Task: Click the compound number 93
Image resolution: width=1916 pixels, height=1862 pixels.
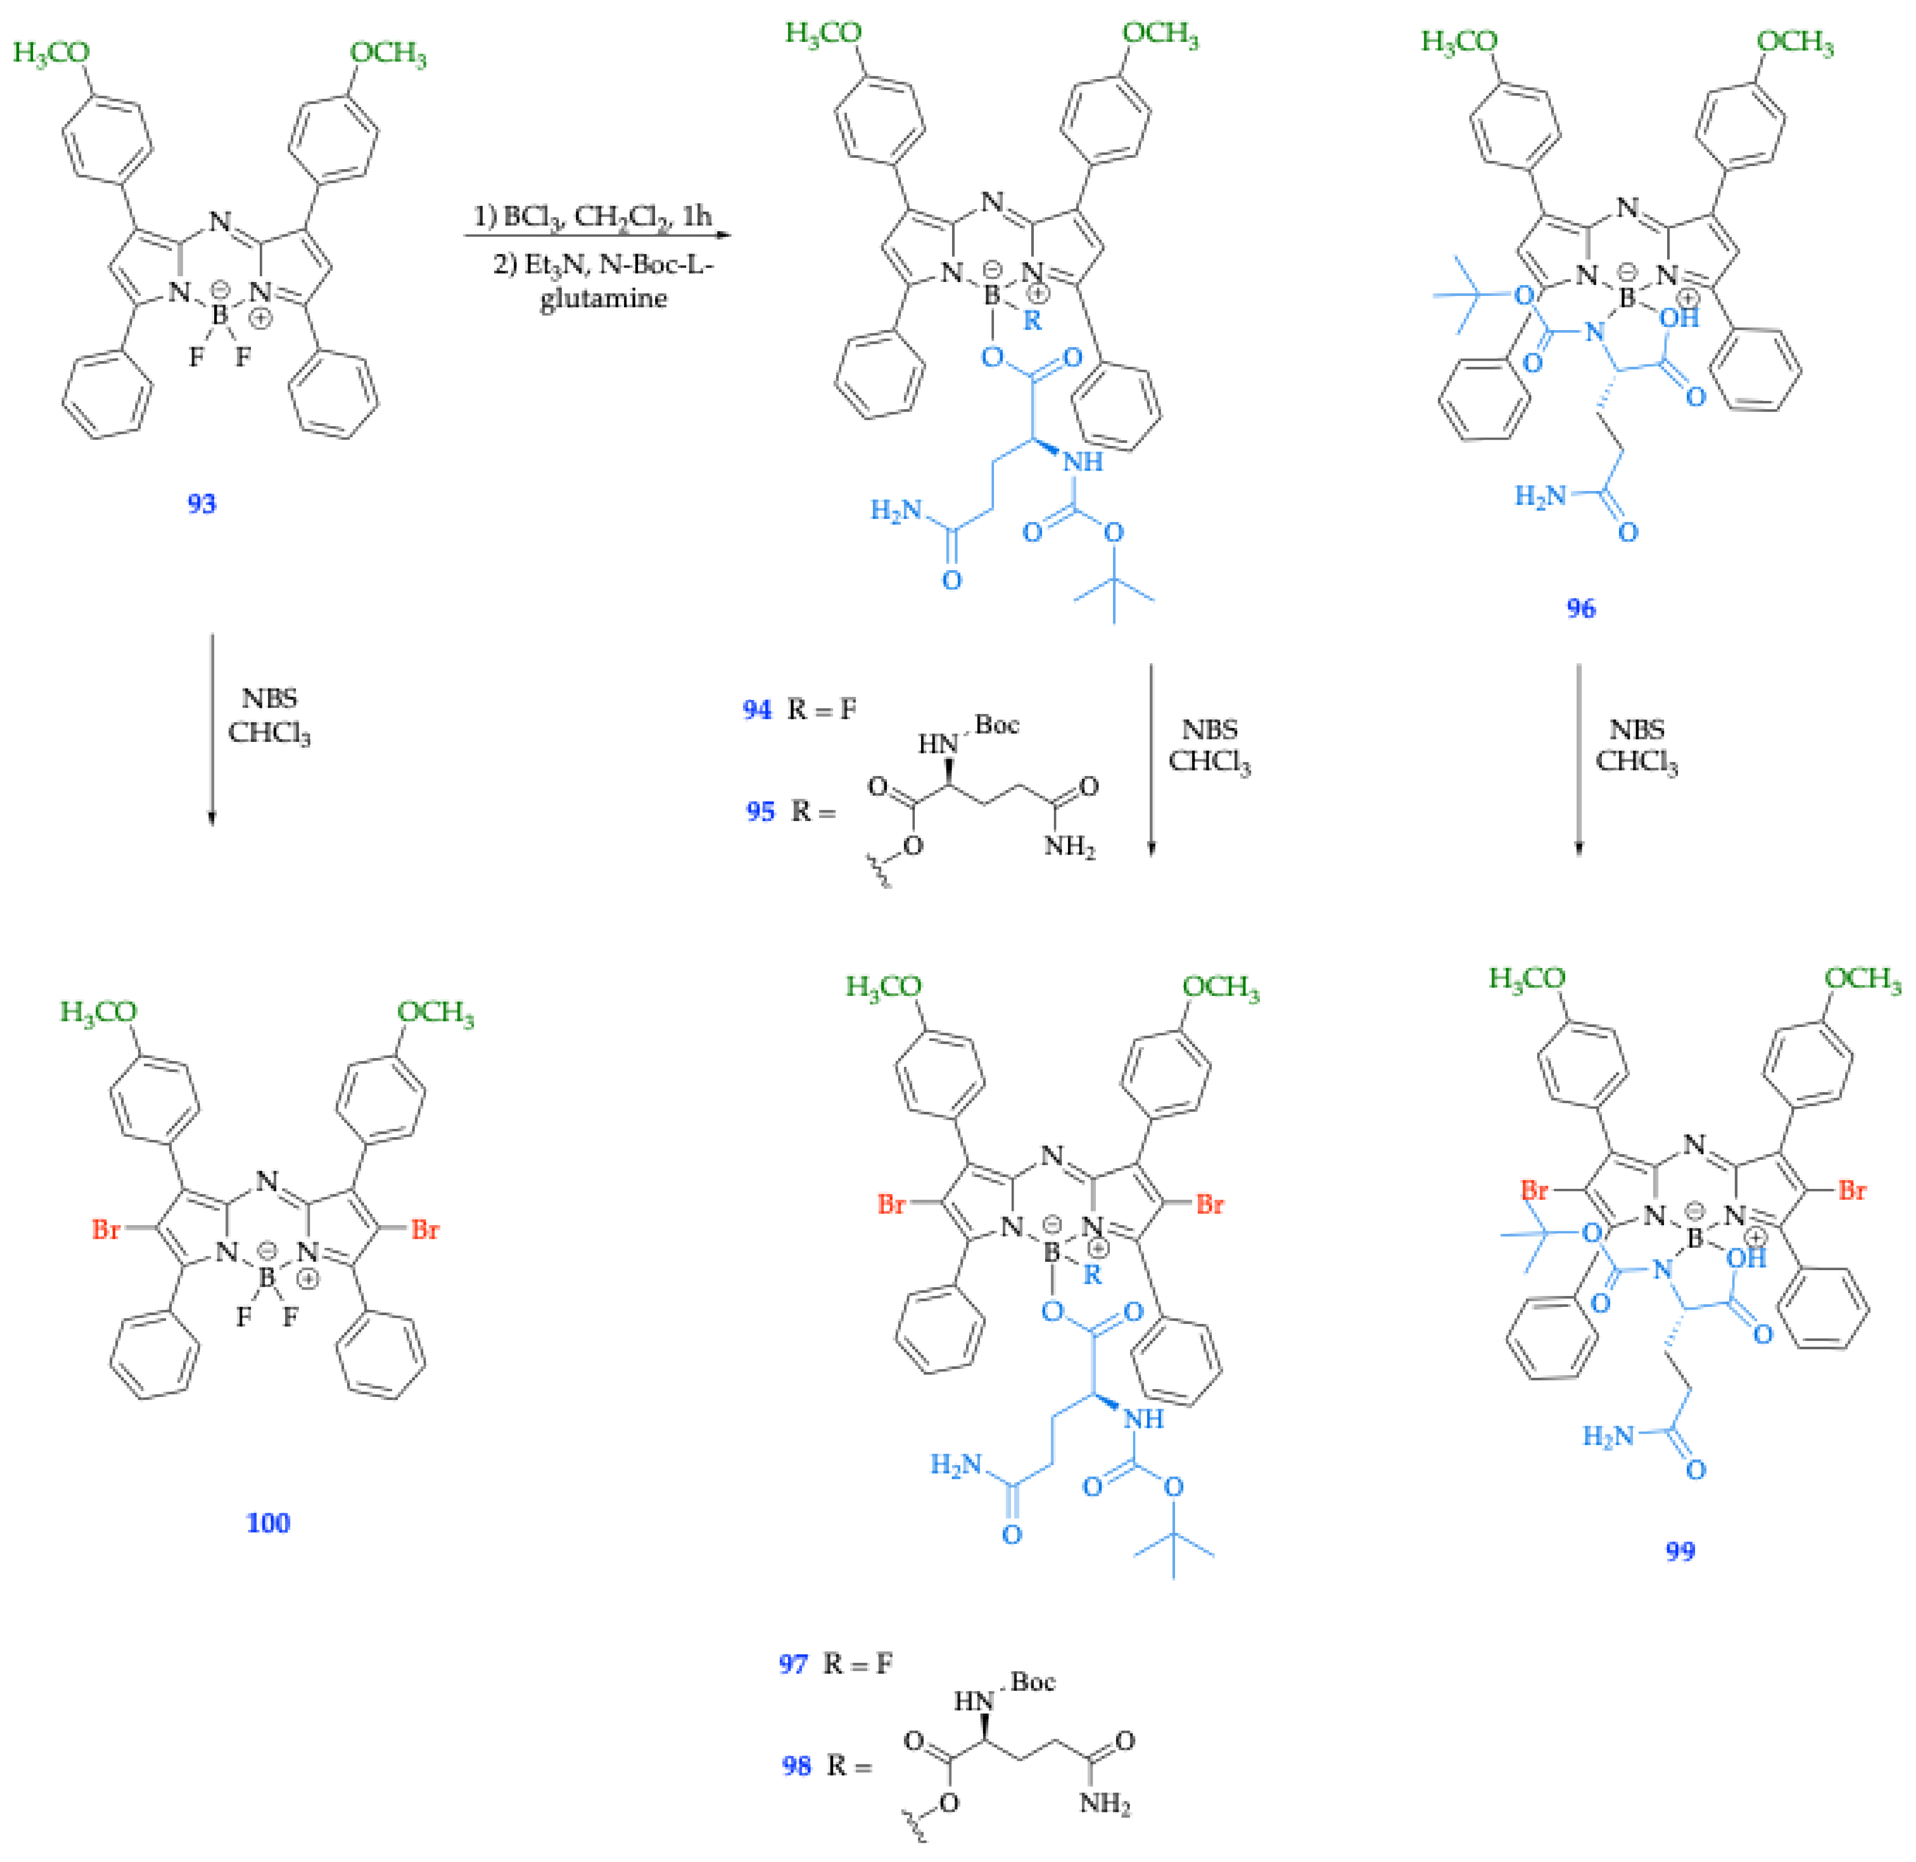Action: pos(201,503)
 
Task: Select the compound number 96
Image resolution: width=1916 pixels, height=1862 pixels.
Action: pos(1581,608)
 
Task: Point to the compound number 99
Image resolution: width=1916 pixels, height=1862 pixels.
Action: pos(1680,1551)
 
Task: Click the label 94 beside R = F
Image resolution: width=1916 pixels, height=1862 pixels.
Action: pos(756,709)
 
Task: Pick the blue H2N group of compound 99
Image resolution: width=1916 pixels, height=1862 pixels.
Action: pos(1608,1436)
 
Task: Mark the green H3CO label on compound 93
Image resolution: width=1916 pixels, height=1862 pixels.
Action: pos(51,52)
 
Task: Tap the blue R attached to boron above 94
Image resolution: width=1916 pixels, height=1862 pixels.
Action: pos(1032,320)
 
